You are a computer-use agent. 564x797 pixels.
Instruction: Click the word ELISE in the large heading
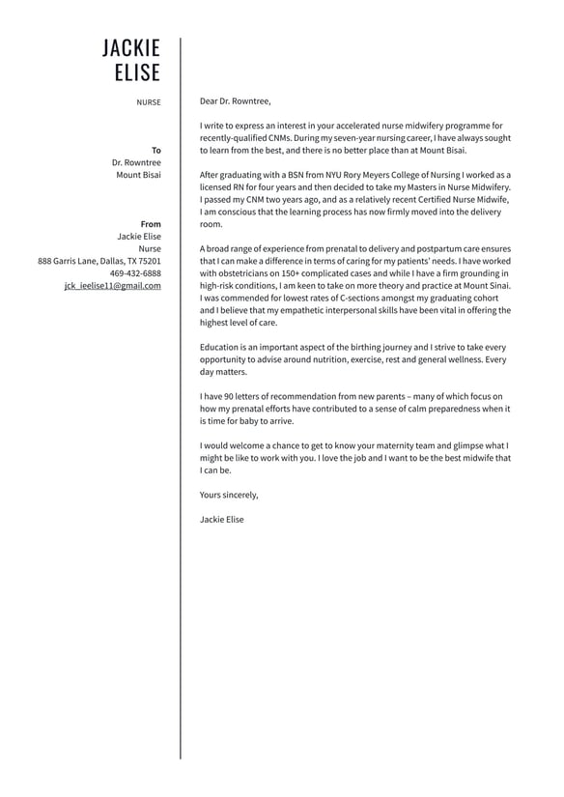[x=137, y=73]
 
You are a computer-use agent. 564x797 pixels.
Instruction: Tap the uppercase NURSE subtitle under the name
[x=149, y=101]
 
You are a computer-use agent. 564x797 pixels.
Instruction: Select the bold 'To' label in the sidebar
[x=156, y=151]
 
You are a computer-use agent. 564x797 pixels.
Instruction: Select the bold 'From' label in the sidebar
[x=151, y=224]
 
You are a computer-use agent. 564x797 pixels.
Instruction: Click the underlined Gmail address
[x=113, y=286]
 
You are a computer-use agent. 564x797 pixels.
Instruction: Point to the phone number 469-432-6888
[x=135, y=273]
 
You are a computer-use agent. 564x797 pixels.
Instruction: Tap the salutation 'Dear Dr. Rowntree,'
[x=236, y=100]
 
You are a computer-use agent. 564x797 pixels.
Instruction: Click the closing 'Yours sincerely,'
[x=229, y=495]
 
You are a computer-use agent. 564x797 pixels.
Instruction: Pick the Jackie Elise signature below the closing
[x=222, y=520]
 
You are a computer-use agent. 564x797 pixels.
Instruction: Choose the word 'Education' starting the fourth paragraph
[x=221, y=347]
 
